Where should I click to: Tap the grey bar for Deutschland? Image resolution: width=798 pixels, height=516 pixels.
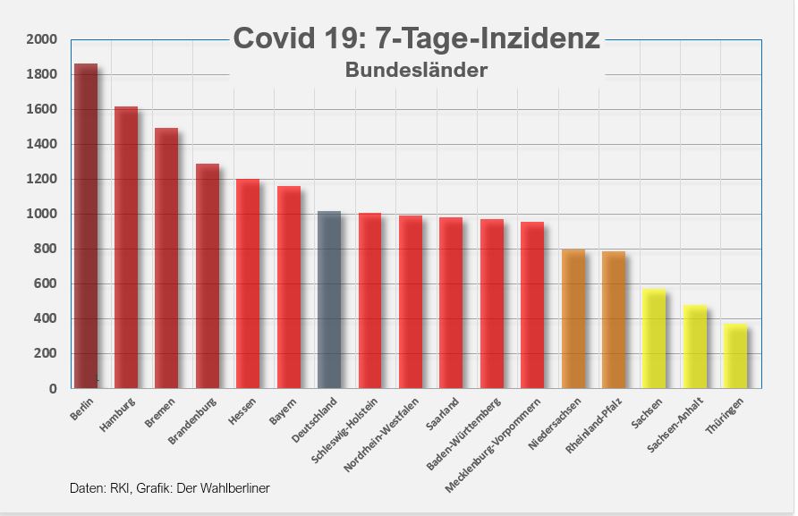pos(329,300)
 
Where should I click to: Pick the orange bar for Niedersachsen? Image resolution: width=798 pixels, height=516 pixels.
pos(573,318)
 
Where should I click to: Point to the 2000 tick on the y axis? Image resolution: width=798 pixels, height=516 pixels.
pos(41,39)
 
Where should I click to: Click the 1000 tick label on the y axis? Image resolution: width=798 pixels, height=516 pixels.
pos(41,214)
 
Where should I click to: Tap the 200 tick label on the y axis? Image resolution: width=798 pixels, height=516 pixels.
pos(45,353)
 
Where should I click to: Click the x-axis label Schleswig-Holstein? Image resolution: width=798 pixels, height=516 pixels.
pos(344,433)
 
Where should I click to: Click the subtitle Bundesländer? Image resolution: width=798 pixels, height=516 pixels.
pos(416,70)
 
